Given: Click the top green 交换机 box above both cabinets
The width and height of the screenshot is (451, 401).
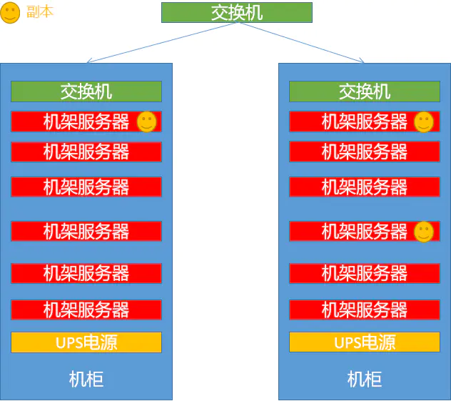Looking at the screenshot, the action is pyautogui.click(x=236, y=13).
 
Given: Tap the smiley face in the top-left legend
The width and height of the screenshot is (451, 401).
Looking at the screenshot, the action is pyautogui.click(x=10, y=13).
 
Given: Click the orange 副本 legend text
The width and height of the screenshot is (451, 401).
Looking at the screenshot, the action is pyautogui.click(x=39, y=13).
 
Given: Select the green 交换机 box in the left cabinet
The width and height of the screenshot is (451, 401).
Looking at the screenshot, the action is pyautogui.click(x=86, y=91).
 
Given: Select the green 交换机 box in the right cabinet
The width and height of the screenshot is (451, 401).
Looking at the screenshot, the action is pyautogui.click(x=364, y=91).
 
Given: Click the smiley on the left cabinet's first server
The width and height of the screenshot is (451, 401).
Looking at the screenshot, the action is pyautogui.click(x=146, y=122).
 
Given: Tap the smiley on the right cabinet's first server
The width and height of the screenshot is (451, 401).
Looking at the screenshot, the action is pyautogui.click(x=424, y=122).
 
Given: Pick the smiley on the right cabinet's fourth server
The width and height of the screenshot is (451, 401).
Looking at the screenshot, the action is pyautogui.click(x=424, y=231).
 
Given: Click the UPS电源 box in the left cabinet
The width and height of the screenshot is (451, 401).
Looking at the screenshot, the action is pyautogui.click(x=86, y=342).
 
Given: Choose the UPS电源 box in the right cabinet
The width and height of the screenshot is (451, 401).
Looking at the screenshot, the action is pyautogui.click(x=364, y=342).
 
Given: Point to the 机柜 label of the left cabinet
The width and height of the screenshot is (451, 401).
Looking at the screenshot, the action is pyautogui.click(x=86, y=379).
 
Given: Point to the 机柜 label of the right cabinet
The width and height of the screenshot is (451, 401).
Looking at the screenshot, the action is pyautogui.click(x=365, y=379).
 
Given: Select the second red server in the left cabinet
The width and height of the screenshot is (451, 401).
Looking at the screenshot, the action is pyautogui.click(x=86, y=152).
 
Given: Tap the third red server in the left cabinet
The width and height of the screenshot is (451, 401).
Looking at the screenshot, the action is pyautogui.click(x=86, y=187).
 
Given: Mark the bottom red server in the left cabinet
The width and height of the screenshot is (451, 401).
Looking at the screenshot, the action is pyautogui.click(x=86, y=310).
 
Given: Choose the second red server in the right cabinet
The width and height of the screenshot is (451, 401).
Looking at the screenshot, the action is pyautogui.click(x=364, y=152).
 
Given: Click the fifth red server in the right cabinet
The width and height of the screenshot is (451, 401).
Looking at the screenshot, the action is pyautogui.click(x=364, y=273).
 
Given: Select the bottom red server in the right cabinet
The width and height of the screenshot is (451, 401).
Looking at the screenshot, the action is pyautogui.click(x=364, y=310).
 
